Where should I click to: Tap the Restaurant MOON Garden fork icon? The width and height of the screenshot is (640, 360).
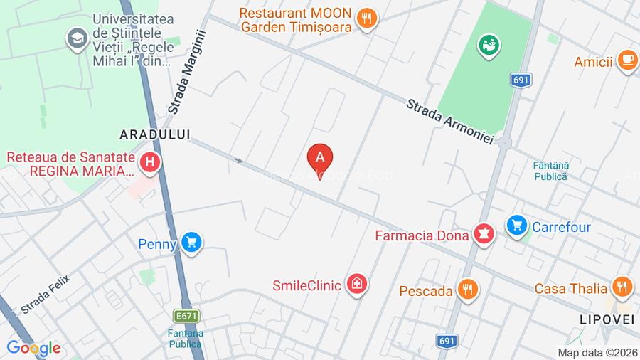pyautogui.click(x=366, y=18)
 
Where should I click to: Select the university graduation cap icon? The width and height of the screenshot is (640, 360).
pyautogui.click(x=76, y=38)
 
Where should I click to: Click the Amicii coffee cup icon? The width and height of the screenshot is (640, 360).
pyautogui.click(x=626, y=61)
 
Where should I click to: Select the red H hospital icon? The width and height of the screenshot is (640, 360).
pyautogui.click(x=149, y=163)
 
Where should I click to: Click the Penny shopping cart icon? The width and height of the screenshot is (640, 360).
pyautogui.click(x=190, y=243)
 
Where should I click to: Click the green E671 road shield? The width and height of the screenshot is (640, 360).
pyautogui.click(x=187, y=315)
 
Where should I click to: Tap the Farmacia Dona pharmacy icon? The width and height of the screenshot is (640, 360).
pyautogui.click(x=484, y=233)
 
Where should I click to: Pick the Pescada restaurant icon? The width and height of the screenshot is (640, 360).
pyautogui.click(x=467, y=290)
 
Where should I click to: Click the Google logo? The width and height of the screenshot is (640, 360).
pyautogui.click(x=33, y=348)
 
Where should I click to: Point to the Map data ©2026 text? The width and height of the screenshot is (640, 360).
pyautogui.click(x=597, y=352)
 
